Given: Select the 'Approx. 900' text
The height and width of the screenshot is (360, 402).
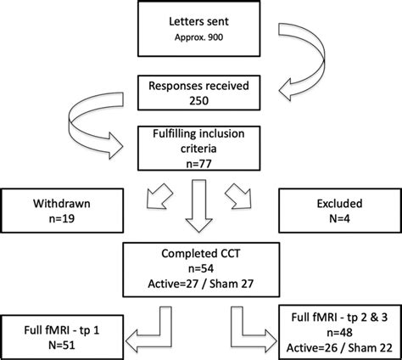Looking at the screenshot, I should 201,40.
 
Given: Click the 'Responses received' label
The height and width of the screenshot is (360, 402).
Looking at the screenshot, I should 201,85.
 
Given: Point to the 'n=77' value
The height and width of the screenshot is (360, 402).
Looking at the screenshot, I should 201,161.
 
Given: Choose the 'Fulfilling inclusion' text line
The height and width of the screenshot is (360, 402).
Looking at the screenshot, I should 201,132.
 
